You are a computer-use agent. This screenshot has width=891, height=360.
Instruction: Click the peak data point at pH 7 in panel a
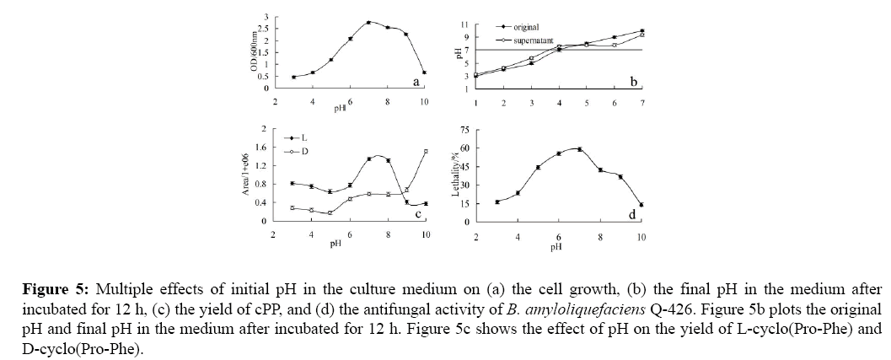point(368,22)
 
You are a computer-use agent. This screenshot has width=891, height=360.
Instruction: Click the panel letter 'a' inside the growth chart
point(416,83)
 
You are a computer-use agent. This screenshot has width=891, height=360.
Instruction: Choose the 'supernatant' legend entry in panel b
point(523,39)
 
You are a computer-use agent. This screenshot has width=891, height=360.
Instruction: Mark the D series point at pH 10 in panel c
point(426,151)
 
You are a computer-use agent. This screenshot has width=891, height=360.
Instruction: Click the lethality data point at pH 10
point(641,204)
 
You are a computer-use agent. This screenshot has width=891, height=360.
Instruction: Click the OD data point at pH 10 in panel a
point(424,73)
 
